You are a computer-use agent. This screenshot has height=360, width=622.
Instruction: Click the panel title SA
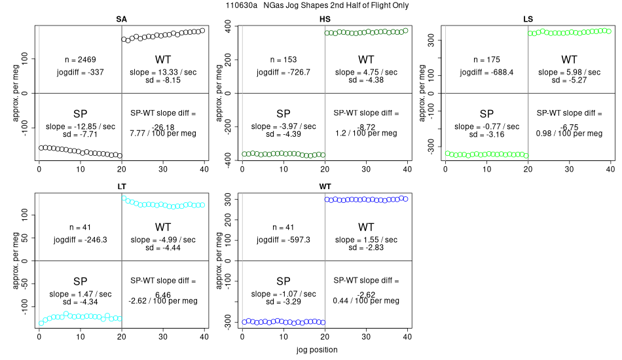pos(121,18)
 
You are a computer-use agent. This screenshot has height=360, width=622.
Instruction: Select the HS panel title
pos(325,18)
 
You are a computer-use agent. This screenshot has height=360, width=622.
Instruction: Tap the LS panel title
pos(528,18)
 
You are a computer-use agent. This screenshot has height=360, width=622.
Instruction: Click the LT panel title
pos(122,187)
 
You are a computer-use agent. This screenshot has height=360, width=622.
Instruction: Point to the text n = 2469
pos(81,60)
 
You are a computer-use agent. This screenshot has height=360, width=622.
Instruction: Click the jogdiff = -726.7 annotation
pos(284,72)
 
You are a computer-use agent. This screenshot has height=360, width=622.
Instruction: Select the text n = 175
pos(486,60)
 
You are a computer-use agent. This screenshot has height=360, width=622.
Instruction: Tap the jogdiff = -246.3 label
pos(81,240)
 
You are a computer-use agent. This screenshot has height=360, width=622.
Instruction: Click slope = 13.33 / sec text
pos(163,72)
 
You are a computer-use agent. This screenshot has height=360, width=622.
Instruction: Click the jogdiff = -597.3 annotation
pos(284,240)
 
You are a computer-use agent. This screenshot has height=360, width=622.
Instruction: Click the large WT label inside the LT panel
pos(163,227)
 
